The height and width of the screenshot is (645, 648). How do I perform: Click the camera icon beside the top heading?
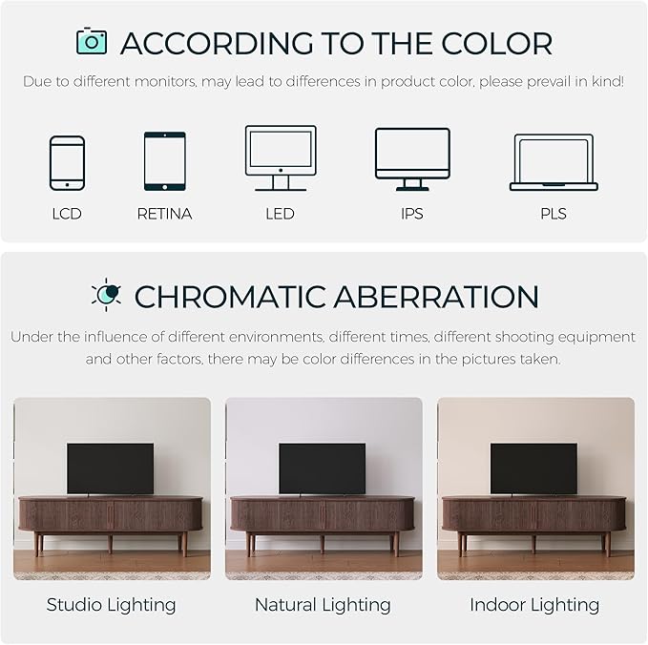click(x=92, y=41)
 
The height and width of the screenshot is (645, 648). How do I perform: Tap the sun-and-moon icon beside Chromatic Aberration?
click(x=106, y=295)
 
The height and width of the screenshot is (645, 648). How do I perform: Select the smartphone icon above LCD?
click(x=67, y=162)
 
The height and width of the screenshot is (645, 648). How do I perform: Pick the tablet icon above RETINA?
click(x=164, y=160)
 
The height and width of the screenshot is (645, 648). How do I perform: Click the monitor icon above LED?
click(x=280, y=156)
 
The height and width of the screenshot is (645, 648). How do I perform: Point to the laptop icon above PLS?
click(x=554, y=161)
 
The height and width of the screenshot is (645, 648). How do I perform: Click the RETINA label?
click(x=164, y=214)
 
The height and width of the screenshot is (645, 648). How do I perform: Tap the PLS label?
click(x=554, y=214)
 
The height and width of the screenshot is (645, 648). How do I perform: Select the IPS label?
click(x=411, y=214)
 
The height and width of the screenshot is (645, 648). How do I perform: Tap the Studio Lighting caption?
click(x=112, y=605)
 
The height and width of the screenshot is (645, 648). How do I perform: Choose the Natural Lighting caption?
click(x=323, y=605)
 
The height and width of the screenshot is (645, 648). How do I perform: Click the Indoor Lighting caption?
click(x=534, y=605)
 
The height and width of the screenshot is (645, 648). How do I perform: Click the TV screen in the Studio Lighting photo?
click(x=110, y=468)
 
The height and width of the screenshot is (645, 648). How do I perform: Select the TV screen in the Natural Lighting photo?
click(x=322, y=468)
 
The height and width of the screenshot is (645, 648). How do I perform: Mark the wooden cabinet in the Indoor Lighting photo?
click(x=533, y=515)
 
